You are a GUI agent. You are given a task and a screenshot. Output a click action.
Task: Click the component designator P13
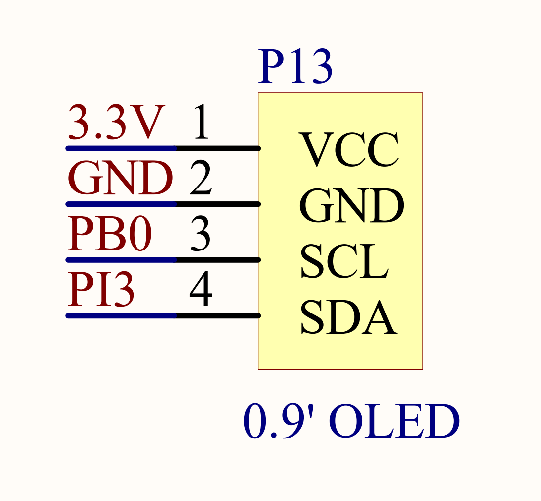coord(295,67)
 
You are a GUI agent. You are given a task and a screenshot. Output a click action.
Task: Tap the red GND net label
coord(120,179)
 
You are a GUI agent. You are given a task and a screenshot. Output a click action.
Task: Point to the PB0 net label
coord(109,234)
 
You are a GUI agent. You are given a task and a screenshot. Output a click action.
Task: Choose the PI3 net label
coord(101,290)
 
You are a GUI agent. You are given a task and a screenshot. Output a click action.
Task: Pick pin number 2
coord(201,179)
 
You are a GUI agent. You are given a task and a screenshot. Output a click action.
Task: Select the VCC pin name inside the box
coord(348,149)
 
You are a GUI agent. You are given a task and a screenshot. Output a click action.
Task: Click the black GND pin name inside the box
coord(351,206)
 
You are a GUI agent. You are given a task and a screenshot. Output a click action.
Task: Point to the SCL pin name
coord(344,262)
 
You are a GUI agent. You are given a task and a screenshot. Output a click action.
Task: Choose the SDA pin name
coord(348,318)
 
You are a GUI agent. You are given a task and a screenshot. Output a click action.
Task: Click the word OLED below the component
coord(394,422)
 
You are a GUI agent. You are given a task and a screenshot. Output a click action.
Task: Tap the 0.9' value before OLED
coord(281,422)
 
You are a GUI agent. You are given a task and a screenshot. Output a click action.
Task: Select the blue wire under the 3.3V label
coord(122,148)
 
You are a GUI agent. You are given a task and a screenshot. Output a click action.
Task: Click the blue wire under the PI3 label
coord(122,315)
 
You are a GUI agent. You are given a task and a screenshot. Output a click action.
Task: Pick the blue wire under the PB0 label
coord(122,260)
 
